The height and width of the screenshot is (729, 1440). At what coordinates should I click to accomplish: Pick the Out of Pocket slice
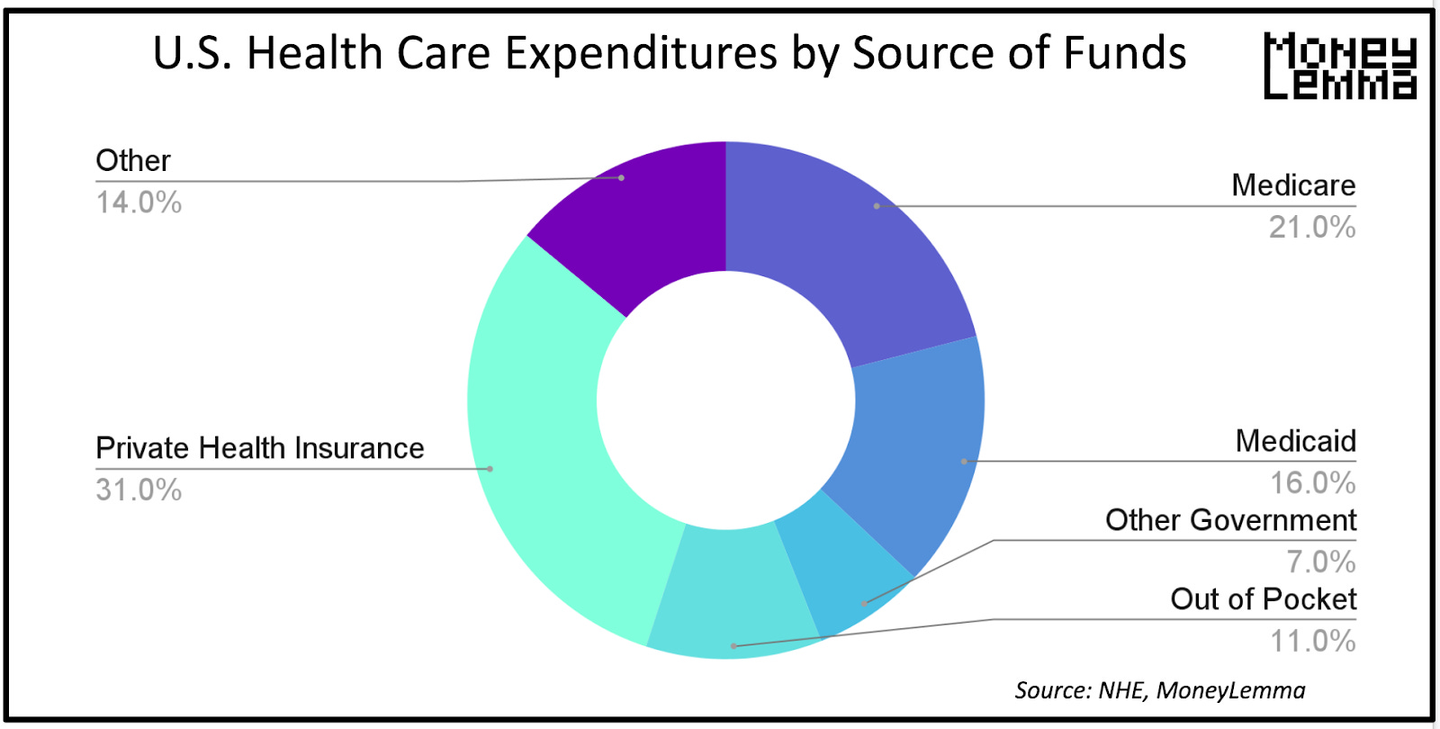point(733,594)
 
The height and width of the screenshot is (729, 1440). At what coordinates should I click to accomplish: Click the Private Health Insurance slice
point(540,450)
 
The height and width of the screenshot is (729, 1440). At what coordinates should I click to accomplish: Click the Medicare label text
point(1292,185)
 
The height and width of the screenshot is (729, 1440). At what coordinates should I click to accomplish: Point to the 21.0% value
point(1311,227)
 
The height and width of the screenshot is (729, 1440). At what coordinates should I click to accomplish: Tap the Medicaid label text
point(1295,441)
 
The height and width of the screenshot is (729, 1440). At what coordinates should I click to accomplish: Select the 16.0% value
point(1312,483)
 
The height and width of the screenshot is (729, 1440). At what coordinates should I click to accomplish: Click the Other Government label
point(1229,520)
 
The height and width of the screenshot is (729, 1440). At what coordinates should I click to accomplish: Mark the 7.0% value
point(1320,562)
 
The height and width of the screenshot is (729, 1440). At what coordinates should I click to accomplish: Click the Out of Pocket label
point(1263,599)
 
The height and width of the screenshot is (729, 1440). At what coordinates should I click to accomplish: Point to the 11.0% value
point(1312,641)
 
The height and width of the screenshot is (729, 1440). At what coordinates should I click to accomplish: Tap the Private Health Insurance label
point(259,448)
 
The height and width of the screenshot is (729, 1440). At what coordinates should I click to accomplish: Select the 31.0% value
point(139,490)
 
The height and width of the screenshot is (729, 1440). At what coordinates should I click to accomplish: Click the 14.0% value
point(139,202)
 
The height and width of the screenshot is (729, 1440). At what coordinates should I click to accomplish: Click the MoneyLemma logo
point(1339,66)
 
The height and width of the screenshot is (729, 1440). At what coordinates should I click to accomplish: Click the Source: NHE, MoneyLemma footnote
point(1159,690)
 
